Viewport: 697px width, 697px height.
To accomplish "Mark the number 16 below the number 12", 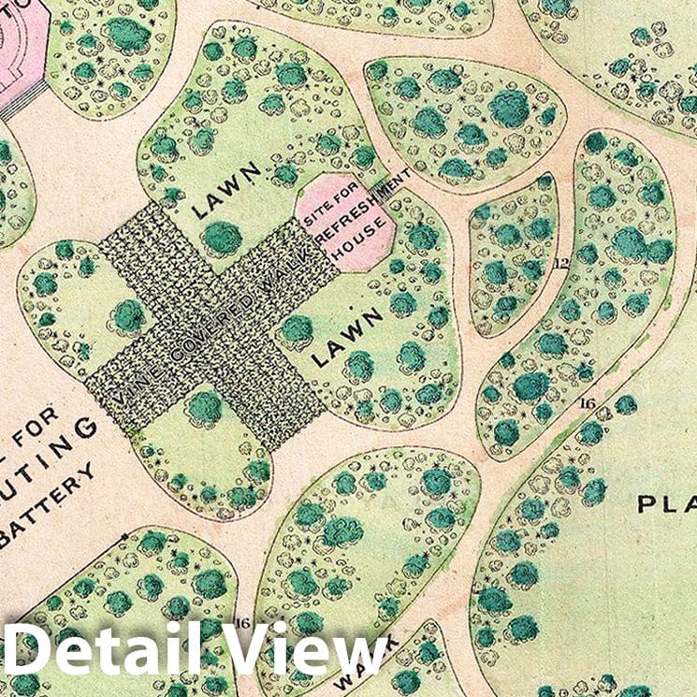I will [587, 403].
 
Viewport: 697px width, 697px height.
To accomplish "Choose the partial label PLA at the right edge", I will [667, 504].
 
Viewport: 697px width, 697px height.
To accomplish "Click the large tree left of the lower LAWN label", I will [297, 329].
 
